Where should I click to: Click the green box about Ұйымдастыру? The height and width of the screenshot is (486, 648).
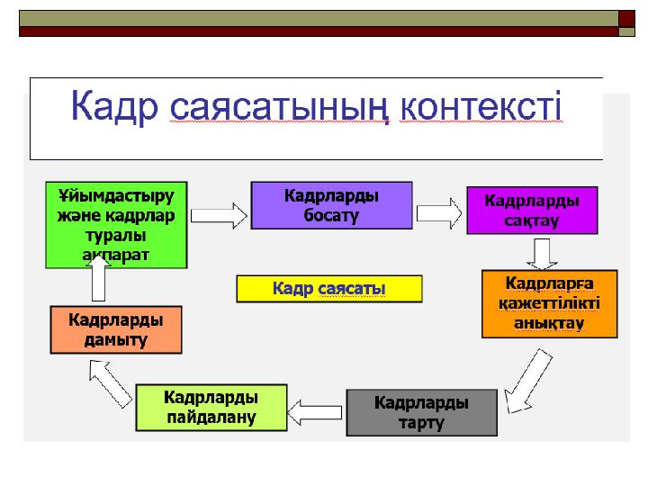(116, 225)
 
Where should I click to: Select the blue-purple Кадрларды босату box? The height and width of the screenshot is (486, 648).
(331, 205)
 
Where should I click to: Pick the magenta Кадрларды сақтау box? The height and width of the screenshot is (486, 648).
(531, 210)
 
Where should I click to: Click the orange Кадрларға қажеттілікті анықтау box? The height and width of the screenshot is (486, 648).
(549, 303)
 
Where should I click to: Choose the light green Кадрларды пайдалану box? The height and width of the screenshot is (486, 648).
(211, 407)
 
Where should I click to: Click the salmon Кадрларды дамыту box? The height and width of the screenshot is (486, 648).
(115, 329)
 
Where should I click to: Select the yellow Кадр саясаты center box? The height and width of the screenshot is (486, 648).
(328, 288)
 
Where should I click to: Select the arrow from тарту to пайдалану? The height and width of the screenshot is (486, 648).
(317, 411)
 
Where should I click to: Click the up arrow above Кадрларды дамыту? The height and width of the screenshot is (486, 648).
(99, 284)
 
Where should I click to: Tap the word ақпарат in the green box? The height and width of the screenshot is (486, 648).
(115, 255)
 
